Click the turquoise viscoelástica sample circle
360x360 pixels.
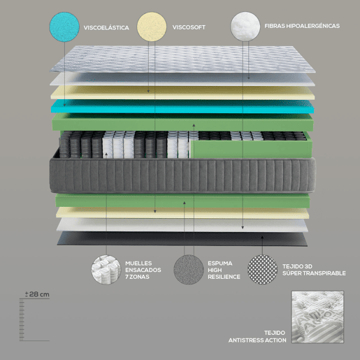tap(64, 27)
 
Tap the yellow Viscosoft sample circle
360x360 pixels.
tap(152, 27)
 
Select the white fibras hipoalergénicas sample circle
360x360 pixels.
tap(245, 27)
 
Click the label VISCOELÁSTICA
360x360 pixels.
tap(106, 28)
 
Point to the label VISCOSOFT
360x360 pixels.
tap(189, 27)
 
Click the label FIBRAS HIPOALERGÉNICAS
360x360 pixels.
tap(302, 26)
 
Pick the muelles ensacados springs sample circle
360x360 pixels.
tap(106, 270)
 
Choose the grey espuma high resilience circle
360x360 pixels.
tap(189, 270)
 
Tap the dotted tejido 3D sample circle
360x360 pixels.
tap(262, 270)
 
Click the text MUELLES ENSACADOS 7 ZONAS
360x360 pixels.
tap(143, 270)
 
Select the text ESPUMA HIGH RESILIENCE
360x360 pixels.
tap(224, 270)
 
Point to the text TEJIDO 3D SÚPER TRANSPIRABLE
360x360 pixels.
tap(314, 270)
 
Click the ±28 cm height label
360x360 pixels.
tap(37, 294)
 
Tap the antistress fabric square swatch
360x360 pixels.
tap(317, 317)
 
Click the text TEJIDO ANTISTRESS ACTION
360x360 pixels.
tap(257, 336)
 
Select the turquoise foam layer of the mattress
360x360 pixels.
tap(182, 106)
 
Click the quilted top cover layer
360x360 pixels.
tap(183, 59)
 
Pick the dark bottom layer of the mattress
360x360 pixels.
tap(182, 239)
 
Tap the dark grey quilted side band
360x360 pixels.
tap(182, 175)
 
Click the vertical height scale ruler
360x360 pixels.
tap(22, 320)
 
